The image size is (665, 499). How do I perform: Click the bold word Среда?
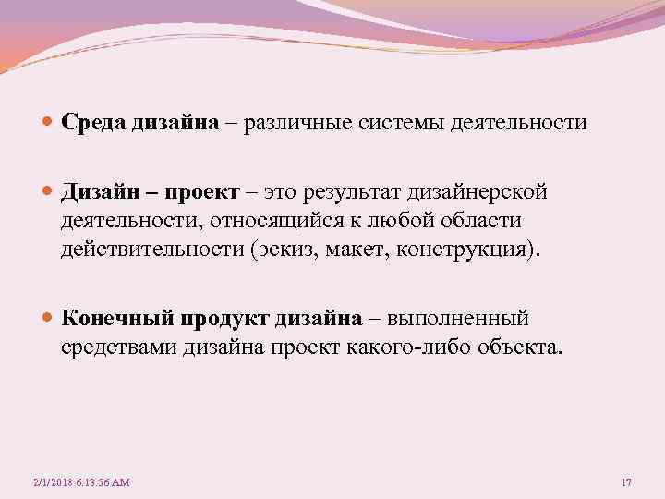(91, 124)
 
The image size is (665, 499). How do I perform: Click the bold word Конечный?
(118, 319)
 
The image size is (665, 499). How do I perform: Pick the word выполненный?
(458, 319)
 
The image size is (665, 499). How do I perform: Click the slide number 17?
(626, 482)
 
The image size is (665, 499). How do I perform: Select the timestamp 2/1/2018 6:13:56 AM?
(80, 482)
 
